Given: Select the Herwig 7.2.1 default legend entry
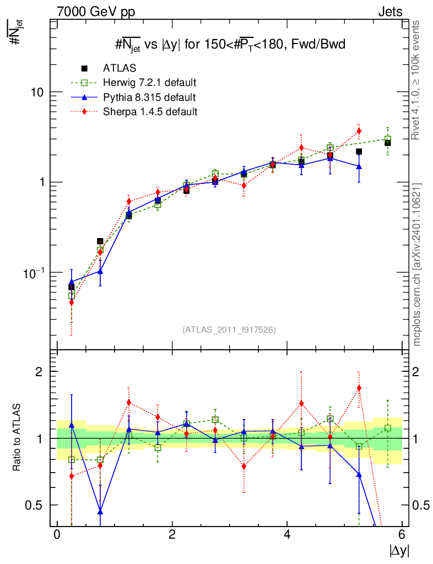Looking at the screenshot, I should pyautogui.click(x=149, y=83).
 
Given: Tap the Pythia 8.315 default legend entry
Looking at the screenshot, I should pyautogui.click(x=149, y=97).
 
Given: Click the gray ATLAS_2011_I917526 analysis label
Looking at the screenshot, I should pyautogui.click(x=229, y=329).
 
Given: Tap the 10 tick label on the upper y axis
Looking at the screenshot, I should pyautogui.click(x=36, y=92).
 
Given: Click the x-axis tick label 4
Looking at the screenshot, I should pyautogui.click(x=287, y=535).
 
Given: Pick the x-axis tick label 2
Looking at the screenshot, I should pyautogui.click(x=172, y=535).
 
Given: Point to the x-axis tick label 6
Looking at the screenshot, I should pyautogui.click(x=402, y=535).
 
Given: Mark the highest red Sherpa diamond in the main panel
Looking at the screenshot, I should pyautogui.click(x=359, y=131).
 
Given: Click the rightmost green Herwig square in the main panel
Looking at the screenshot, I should pyautogui.click(x=388, y=140).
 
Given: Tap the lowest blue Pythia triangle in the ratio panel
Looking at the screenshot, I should pyautogui.click(x=100, y=512).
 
